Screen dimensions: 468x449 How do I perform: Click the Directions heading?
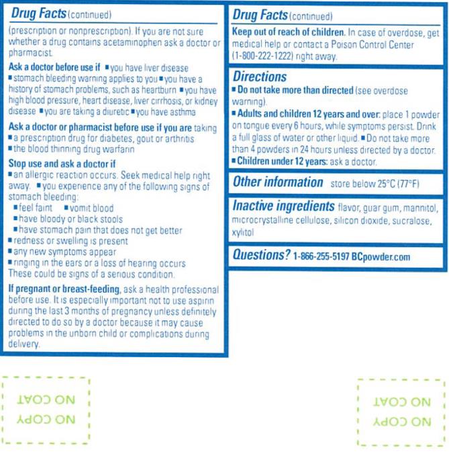[260, 77]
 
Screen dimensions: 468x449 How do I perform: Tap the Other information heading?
[278, 182]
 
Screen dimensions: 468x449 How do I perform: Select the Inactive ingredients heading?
[283, 206]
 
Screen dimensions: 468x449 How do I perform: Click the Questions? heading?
[261, 255]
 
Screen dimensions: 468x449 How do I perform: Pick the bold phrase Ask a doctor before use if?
[54, 68]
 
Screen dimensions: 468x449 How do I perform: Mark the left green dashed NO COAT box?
[46, 410]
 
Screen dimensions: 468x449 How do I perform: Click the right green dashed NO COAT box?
[401, 412]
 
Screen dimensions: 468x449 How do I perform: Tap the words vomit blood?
[91, 208]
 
